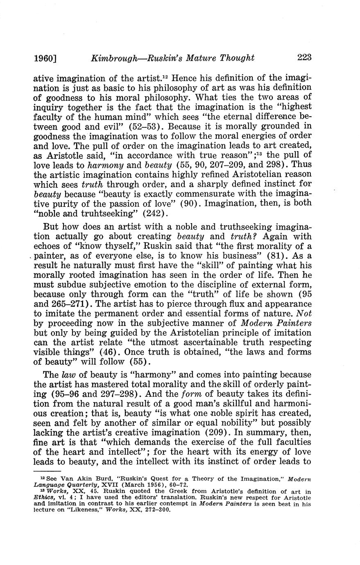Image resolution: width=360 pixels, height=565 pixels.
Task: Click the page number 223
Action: (x=304, y=57)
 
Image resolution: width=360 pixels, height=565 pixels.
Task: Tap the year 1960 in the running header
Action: (x=43, y=58)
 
